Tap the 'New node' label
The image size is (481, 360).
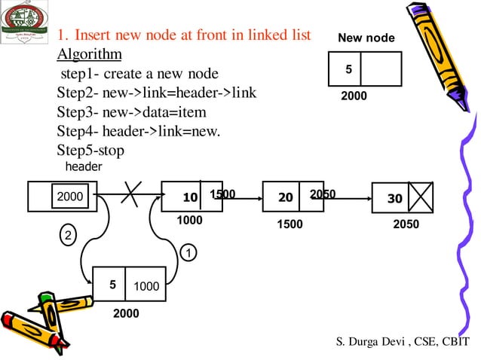click(x=366, y=38)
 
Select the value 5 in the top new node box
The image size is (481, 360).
click(x=348, y=69)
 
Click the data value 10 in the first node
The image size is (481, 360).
click(x=190, y=198)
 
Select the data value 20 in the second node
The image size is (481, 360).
click(x=285, y=198)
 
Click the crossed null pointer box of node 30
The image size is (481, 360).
click(x=420, y=198)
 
